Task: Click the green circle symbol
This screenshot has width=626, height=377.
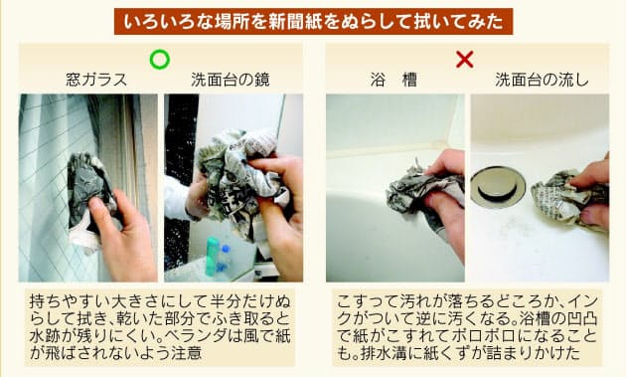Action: pos(159,60)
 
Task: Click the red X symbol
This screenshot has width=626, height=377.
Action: pos(464,60)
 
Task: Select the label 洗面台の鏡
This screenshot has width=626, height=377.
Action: pos(231,81)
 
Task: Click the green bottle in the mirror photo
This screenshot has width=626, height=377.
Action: pos(212,256)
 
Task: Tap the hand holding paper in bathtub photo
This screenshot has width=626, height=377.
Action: pos(447,199)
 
